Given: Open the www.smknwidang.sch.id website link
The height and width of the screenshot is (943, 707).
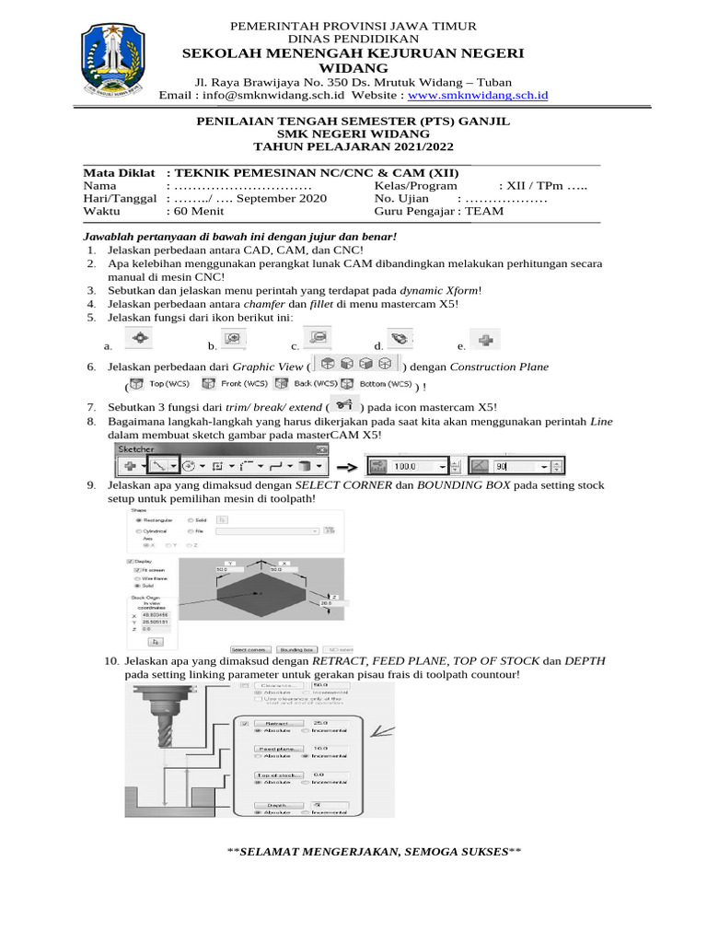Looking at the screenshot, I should click(x=478, y=95).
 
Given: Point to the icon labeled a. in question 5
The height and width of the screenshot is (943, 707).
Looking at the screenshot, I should click(x=138, y=340).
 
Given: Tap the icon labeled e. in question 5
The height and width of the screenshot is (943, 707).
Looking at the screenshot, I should click(x=485, y=340).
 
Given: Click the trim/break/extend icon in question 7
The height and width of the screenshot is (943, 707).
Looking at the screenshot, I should click(x=344, y=405).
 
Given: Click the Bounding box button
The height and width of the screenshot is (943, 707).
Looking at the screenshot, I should click(x=297, y=648).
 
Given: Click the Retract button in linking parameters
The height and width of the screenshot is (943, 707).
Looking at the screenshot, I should click(x=277, y=725).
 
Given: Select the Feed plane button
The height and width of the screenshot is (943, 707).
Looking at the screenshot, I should click(x=277, y=750).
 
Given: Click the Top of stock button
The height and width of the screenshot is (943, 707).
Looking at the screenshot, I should click(x=277, y=776).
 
